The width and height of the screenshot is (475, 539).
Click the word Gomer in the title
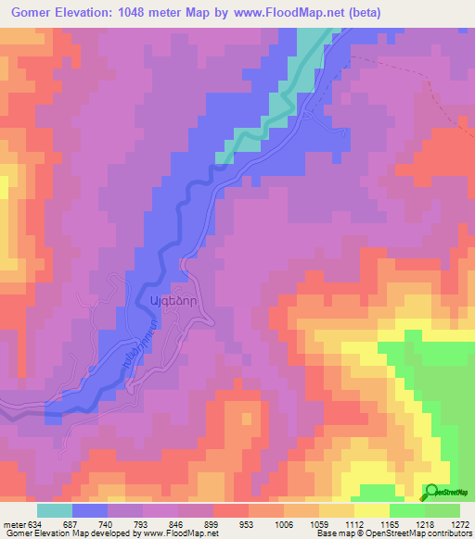(30, 12)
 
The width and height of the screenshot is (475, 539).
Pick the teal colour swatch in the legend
(55, 510)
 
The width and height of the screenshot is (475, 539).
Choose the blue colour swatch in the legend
(90, 510)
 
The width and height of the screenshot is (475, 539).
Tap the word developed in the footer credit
(116, 533)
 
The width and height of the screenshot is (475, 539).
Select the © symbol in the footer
(366, 533)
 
